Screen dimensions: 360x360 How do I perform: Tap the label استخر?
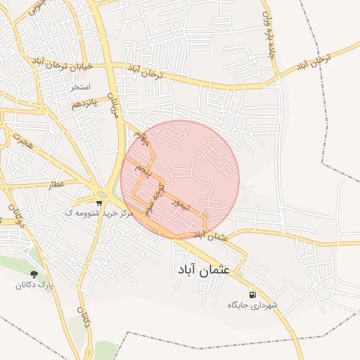(x=80, y=88)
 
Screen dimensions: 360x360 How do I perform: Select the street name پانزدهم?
(x=82, y=104)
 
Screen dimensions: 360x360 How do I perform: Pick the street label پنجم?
(x=143, y=169)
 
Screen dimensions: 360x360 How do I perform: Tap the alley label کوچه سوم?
(x=154, y=198)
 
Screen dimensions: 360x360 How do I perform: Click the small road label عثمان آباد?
(x=214, y=237)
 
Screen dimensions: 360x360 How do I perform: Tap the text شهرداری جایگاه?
(x=253, y=306)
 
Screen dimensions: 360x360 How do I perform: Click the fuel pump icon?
(x=252, y=294)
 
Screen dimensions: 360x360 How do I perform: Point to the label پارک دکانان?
(x=36, y=285)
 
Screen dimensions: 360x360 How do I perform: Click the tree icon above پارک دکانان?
(x=34, y=273)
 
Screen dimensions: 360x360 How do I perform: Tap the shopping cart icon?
(x=98, y=202)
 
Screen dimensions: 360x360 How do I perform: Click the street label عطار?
(x=55, y=186)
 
